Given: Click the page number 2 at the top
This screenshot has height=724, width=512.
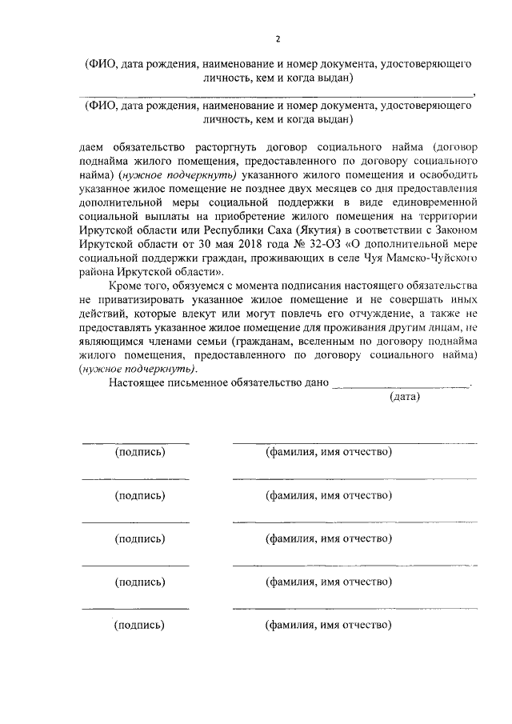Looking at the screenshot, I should click(277, 39).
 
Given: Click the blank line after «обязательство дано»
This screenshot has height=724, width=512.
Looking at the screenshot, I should click(401, 384).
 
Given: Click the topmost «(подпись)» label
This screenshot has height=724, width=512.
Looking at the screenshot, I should click(140, 452).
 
